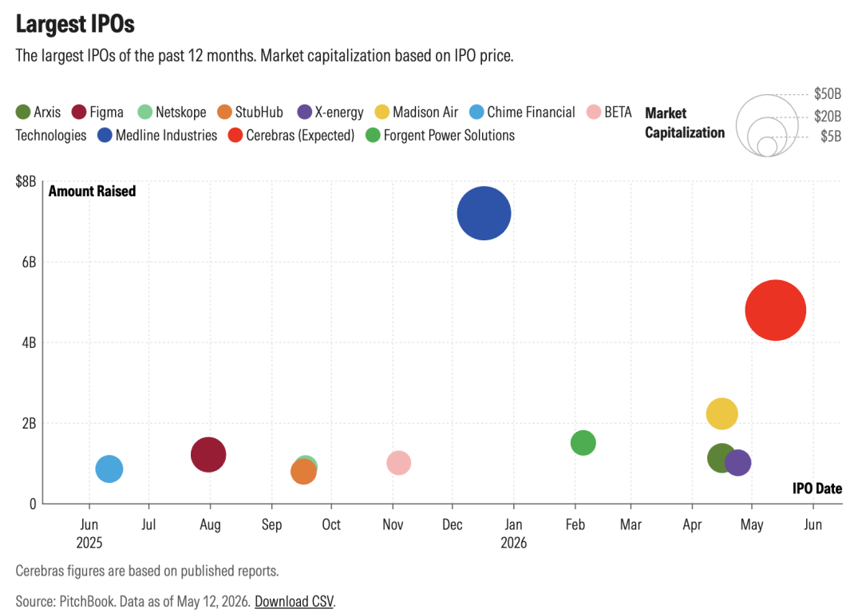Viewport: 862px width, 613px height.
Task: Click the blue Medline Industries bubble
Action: click(484, 213)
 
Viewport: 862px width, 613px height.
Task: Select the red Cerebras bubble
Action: click(775, 310)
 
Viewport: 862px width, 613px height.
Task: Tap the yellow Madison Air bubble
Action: click(722, 413)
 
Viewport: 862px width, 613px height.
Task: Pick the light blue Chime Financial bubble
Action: click(109, 469)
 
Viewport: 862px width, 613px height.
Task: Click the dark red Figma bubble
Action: click(208, 455)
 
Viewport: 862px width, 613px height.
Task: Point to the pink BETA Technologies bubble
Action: click(398, 463)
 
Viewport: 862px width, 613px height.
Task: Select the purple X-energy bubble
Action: click(737, 462)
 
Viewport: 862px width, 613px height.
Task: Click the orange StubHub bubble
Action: click(303, 471)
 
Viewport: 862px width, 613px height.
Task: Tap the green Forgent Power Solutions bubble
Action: click(583, 442)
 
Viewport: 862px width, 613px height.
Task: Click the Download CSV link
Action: click(294, 602)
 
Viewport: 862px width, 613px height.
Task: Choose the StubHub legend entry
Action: click(250, 113)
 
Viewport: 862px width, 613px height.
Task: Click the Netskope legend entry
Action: click(172, 113)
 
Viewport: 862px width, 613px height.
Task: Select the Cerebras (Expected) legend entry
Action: click(291, 135)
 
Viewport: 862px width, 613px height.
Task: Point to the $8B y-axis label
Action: click(26, 181)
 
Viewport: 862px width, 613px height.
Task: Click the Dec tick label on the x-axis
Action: click(452, 524)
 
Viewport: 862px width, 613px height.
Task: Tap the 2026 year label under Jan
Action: click(513, 543)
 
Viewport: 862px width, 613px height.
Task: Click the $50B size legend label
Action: click(828, 94)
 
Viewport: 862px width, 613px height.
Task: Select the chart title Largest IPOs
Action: click(75, 24)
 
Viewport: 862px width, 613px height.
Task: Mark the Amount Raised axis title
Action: click(93, 191)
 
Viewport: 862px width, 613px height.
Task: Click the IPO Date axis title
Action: click(817, 488)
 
